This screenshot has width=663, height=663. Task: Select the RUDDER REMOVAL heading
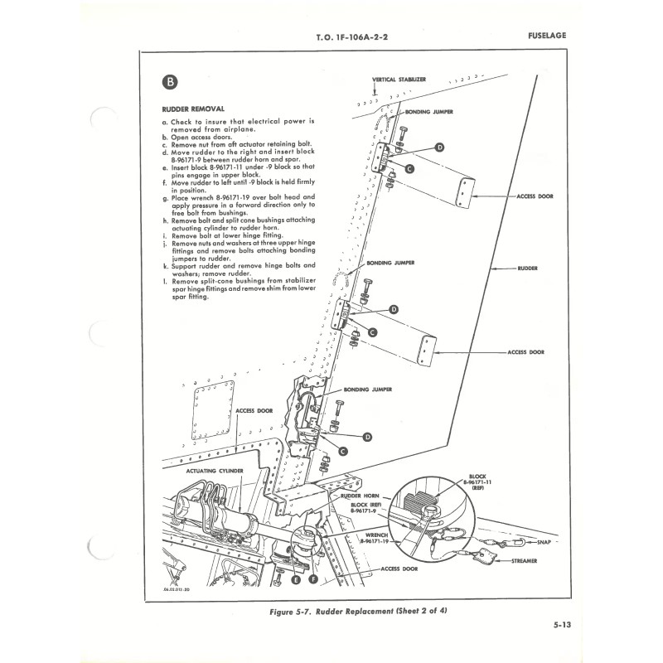[192, 109]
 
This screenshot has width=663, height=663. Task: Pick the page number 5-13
[561, 626]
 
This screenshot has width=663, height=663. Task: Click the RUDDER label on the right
[528, 269]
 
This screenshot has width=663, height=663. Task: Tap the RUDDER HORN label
[359, 495]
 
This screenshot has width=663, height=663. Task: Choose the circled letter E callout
[296, 579]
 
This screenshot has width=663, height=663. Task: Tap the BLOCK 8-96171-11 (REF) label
[478, 482]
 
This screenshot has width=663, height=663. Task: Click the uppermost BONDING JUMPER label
[429, 111]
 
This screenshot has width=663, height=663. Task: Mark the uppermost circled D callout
[440, 147]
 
